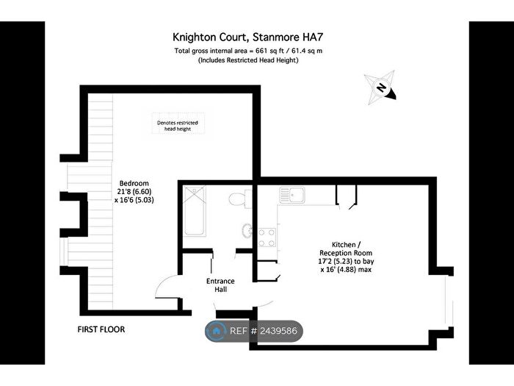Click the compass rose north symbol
click(380, 87)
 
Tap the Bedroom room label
click(134, 183)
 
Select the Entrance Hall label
click(220, 285)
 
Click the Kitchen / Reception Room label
click(346, 249)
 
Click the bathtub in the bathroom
click(195, 211)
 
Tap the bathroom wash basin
click(247, 230)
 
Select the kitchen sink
click(292, 195)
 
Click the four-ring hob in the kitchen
click(267, 237)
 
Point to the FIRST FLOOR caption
click(101, 329)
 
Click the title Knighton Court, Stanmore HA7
click(248, 37)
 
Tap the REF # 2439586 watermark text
click(263, 331)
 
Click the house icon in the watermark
click(217, 331)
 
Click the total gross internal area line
click(248, 51)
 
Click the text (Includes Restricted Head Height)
click(248, 60)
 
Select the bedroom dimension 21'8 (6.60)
click(134, 191)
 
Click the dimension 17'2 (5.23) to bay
click(346, 261)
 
